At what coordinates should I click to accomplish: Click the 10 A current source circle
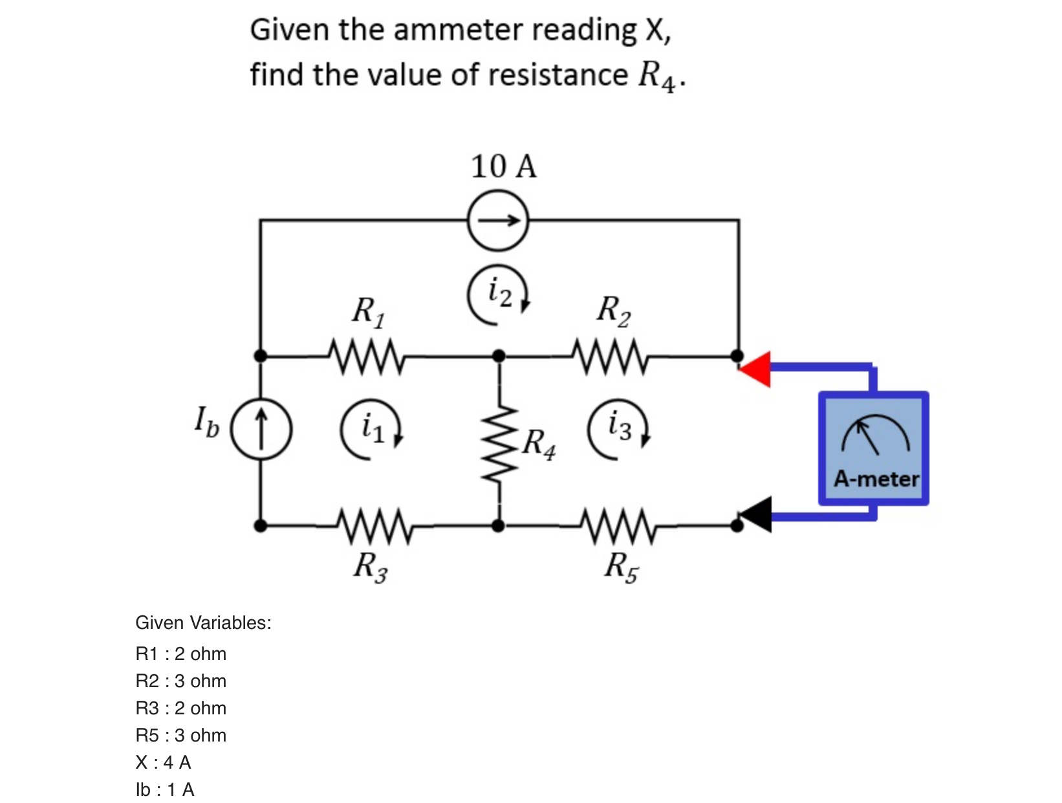(x=498, y=221)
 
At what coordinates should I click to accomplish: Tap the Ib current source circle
(x=261, y=429)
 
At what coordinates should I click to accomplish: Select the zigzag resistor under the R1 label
(x=367, y=356)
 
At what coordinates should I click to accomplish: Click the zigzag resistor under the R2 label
(x=611, y=356)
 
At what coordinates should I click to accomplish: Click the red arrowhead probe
(x=757, y=369)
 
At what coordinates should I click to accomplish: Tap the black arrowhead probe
(x=757, y=515)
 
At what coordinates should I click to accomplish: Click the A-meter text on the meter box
(x=876, y=479)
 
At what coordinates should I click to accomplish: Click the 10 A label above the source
(x=503, y=167)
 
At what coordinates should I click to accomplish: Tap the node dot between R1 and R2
(x=499, y=355)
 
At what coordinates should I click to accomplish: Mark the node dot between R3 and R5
(x=498, y=525)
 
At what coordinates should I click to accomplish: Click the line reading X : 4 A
(x=163, y=762)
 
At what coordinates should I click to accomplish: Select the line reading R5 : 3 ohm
(x=180, y=735)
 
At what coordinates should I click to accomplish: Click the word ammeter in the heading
(x=459, y=30)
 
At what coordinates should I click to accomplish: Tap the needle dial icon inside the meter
(x=875, y=435)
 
